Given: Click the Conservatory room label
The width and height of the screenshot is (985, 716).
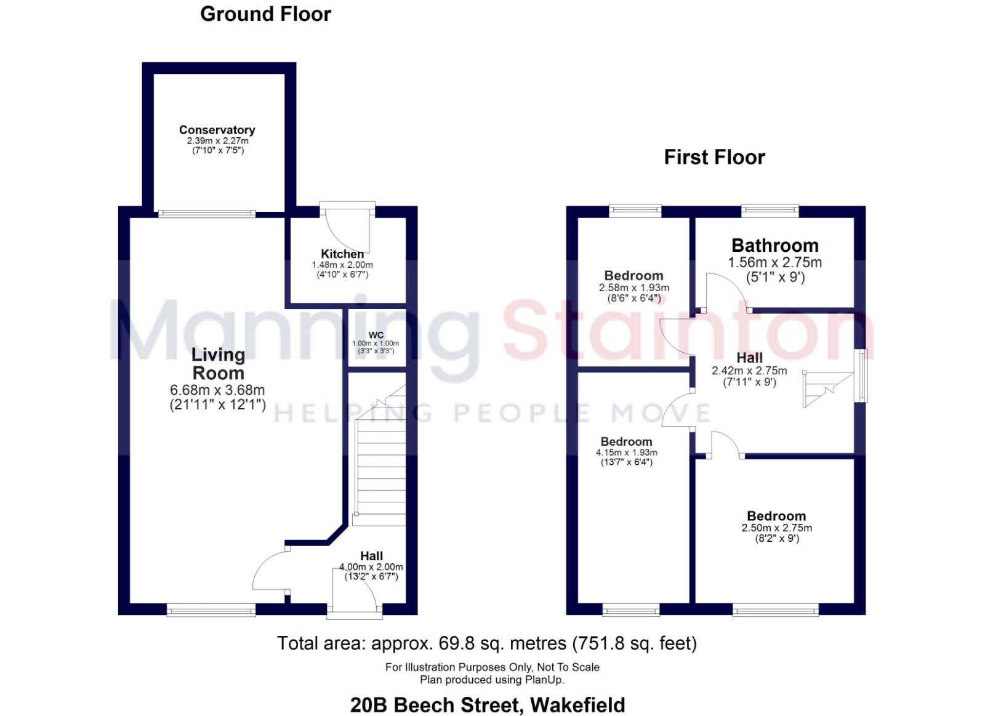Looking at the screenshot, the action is [x=217, y=130].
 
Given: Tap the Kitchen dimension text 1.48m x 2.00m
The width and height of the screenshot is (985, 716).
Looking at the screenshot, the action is [x=342, y=265].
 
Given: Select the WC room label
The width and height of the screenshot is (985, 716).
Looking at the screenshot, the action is [x=376, y=335].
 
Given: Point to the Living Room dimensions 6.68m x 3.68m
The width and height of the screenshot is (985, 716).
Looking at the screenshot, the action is [x=217, y=390].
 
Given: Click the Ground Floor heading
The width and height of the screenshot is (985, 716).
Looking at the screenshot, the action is [x=265, y=14].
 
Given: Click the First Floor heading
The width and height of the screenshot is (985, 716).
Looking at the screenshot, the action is [x=715, y=158].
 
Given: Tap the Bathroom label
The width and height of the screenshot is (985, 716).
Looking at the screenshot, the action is [x=775, y=246].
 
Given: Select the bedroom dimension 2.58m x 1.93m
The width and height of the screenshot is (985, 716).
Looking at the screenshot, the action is [x=633, y=288].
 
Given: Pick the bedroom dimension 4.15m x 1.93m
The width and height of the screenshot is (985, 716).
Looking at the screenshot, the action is [x=627, y=453].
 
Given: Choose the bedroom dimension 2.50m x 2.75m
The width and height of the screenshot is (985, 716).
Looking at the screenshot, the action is [x=776, y=528].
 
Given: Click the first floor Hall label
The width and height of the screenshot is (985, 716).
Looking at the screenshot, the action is [x=749, y=358].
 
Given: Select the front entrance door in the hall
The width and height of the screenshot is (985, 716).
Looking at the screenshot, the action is [x=355, y=589].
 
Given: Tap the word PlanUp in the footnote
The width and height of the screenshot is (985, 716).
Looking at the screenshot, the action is [x=544, y=680].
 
